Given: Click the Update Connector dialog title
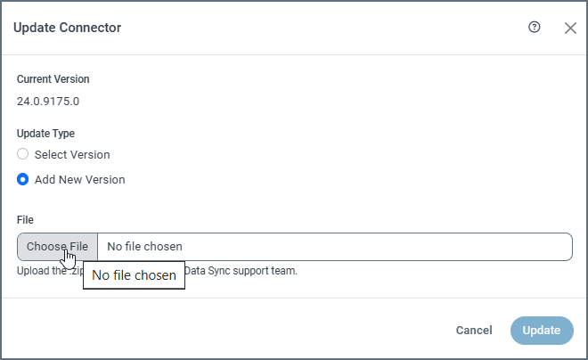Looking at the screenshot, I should (x=67, y=28).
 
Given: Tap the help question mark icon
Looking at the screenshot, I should (x=535, y=28).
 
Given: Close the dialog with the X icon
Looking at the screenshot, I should (x=571, y=28).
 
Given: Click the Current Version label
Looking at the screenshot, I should (x=53, y=79).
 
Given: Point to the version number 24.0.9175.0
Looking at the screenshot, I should (x=48, y=101).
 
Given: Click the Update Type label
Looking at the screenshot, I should (x=46, y=134).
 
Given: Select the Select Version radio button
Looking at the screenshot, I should (x=23, y=154).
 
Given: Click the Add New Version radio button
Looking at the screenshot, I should (x=23, y=179).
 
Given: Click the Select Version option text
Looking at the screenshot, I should (x=72, y=154).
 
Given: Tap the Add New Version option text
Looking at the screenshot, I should (x=79, y=179).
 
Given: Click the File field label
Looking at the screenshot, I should (x=25, y=219).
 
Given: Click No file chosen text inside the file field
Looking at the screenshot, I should (x=145, y=247).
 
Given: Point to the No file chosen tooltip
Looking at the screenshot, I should (x=134, y=275).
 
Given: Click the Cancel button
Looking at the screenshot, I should (x=474, y=331).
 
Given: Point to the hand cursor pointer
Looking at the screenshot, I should (x=69, y=258).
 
